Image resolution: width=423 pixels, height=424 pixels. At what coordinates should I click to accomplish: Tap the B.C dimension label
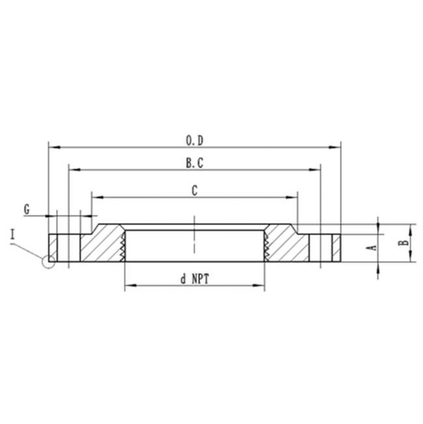(x=195, y=164)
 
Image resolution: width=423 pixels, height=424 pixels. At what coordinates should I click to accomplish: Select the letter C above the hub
(x=194, y=191)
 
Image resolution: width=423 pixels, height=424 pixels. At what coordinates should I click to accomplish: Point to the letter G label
(x=27, y=209)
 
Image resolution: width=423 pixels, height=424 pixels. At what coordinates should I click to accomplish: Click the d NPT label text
(x=195, y=279)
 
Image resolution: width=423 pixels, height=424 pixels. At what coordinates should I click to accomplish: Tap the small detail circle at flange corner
(x=48, y=262)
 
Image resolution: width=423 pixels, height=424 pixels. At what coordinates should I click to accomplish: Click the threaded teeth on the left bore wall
(x=123, y=246)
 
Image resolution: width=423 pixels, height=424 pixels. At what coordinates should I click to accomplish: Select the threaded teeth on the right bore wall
(x=266, y=246)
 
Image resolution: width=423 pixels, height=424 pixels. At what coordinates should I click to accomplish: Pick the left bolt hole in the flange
(x=69, y=248)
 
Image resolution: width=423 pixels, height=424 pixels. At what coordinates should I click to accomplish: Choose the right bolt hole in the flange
(x=321, y=248)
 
